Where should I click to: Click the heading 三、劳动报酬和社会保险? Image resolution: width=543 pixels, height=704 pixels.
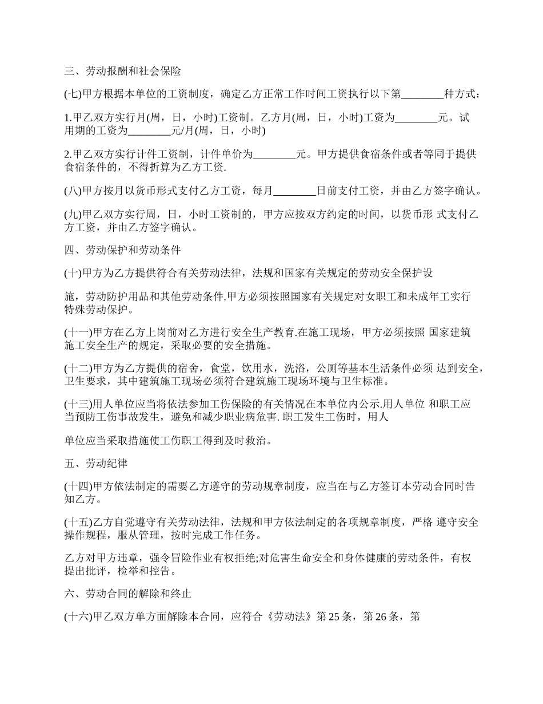122,72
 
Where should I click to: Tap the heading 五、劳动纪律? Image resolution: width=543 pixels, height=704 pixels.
95,463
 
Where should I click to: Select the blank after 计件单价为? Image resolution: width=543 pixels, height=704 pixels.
274,155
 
